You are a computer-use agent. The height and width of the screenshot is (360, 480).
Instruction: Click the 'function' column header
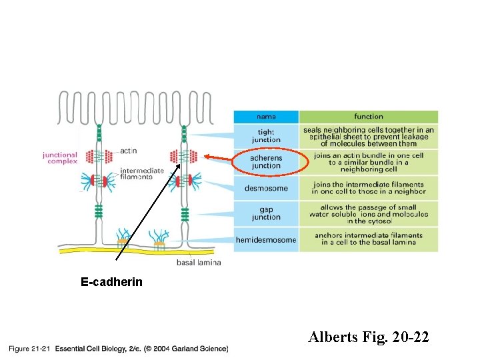368,117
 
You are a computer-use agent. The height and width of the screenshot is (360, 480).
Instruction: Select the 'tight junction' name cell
266,136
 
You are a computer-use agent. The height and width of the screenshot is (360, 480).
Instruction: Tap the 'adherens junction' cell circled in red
266,161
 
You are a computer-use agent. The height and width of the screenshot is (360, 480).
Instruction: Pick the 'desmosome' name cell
266,188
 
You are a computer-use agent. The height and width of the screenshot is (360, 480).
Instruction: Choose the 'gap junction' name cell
266,213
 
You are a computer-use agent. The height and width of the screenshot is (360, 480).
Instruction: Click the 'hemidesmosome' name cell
266,239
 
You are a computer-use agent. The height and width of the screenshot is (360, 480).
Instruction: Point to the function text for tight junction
368,136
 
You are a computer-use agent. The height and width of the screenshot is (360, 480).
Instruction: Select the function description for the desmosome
368,188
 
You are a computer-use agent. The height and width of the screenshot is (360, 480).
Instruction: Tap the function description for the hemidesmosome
368,239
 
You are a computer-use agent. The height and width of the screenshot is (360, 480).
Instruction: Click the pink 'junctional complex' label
60,158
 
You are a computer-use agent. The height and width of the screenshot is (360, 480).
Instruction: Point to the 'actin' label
128,151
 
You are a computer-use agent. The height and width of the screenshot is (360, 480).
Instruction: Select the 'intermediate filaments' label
141,173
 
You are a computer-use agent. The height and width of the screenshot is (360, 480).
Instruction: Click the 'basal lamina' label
198,262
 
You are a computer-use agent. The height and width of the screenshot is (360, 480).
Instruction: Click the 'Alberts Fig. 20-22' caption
369,337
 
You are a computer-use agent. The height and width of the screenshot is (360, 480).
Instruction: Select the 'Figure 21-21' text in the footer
28,348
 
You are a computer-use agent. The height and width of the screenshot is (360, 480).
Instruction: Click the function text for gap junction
368,213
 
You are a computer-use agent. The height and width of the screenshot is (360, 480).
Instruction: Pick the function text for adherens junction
368,161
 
